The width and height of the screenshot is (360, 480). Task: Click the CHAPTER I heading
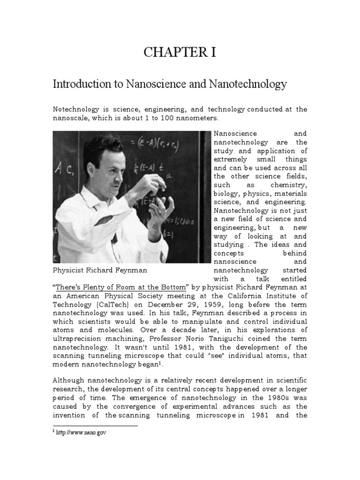(180, 52)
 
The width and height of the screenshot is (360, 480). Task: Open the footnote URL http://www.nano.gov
(82, 433)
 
